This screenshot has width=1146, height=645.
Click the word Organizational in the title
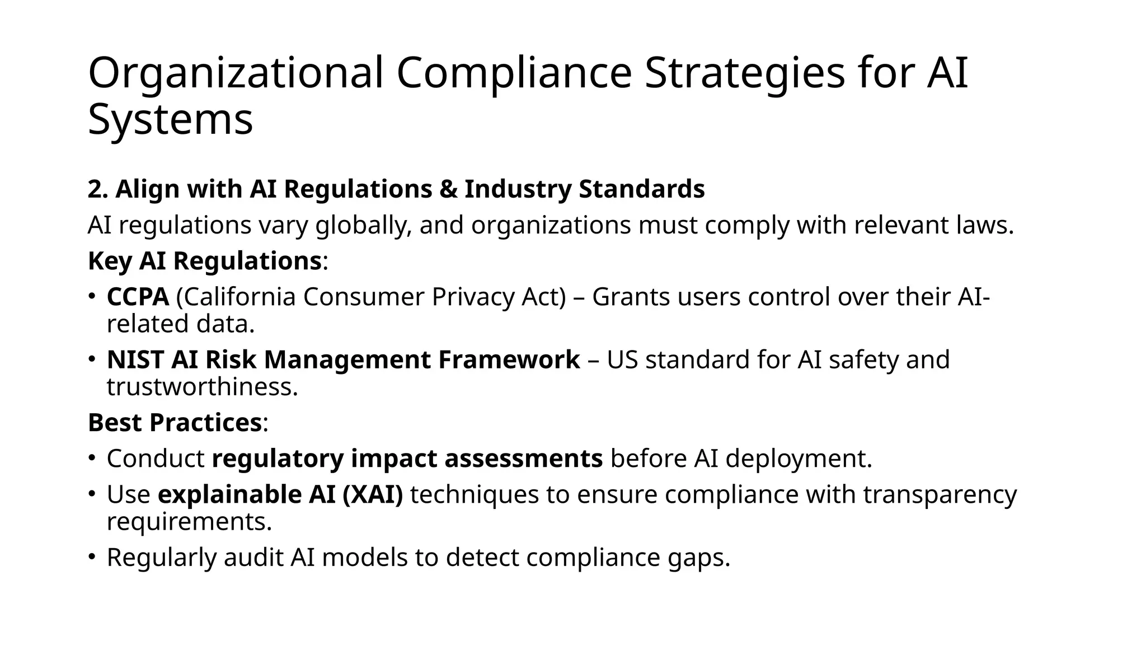click(x=236, y=73)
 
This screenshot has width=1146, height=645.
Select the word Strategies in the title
click(x=744, y=73)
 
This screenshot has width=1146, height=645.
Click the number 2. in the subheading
click(x=98, y=189)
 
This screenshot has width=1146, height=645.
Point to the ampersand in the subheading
click(x=448, y=189)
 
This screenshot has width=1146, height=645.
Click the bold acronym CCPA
click(x=138, y=297)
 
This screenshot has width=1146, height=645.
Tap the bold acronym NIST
click(x=135, y=359)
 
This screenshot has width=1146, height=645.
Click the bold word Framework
click(x=509, y=359)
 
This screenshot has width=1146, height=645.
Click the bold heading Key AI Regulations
click(x=204, y=261)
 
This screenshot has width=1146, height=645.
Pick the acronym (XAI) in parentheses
click(x=373, y=494)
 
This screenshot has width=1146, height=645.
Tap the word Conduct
click(x=156, y=459)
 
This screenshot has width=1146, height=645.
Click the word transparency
click(x=940, y=494)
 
